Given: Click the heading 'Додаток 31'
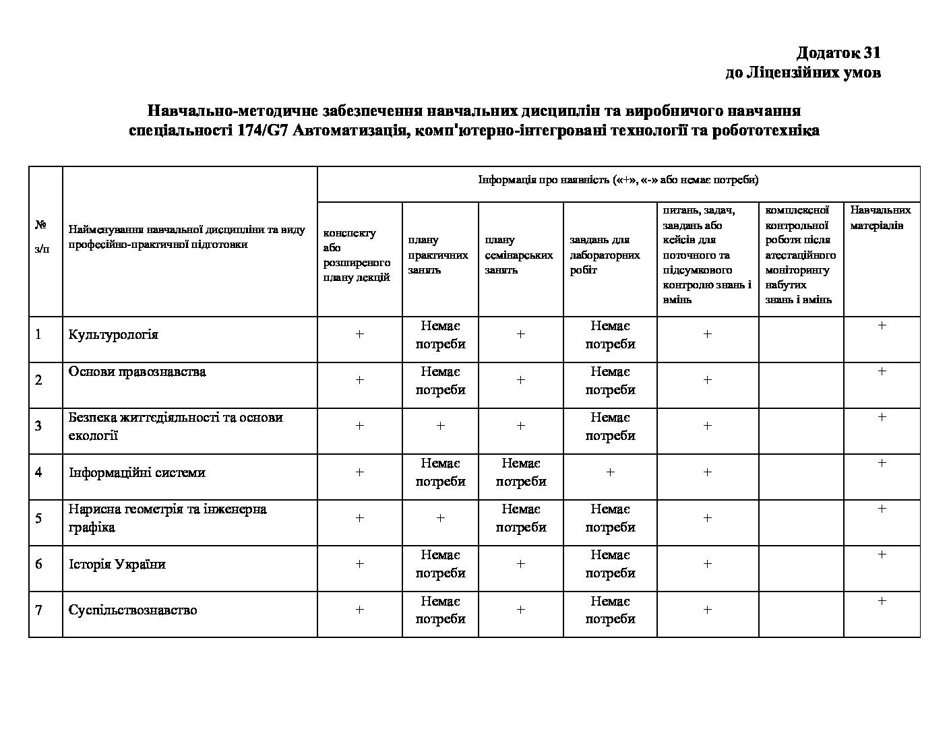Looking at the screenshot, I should pyautogui.click(x=838, y=53).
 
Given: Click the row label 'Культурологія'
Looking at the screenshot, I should pyautogui.click(x=113, y=335).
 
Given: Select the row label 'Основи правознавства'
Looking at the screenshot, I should pyautogui.click(x=137, y=372).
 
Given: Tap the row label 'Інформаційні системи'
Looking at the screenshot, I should pyautogui.click(x=137, y=472).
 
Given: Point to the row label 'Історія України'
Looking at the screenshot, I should pyautogui.click(x=117, y=564).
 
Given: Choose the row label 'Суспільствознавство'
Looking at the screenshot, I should pyautogui.click(x=133, y=610).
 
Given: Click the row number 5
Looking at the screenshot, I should pyautogui.click(x=38, y=518).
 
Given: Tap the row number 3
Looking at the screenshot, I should pyautogui.click(x=38, y=426).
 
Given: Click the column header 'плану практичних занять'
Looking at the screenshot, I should pyautogui.click(x=437, y=255).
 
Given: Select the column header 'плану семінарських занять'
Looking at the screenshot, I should pyautogui.click(x=518, y=255).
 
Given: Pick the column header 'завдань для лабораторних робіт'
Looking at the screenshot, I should pyautogui.click(x=605, y=255).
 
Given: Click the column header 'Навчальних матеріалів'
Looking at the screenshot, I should pyautogui.click(x=880, y=218).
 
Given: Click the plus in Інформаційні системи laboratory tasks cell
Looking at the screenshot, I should pyautogui.click(x=610, y=472).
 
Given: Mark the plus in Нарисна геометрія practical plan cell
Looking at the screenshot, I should pyautogui.click(x=440, y=518).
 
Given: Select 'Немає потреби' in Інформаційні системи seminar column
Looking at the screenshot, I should pyautogui.click(x=521, y=472).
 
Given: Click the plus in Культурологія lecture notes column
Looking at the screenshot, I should pyautogui.click(x=359, y=334).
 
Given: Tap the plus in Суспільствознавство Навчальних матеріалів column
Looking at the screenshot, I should pyautogui.click(x=882, y=601).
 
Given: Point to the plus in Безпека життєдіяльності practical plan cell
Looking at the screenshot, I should pyautogui.click(x=440, y=426).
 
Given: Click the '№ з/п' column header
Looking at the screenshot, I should pyautogui.click(x=42, y=236).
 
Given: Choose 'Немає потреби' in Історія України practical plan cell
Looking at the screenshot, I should pyautogui.click(x=440, y=564).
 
